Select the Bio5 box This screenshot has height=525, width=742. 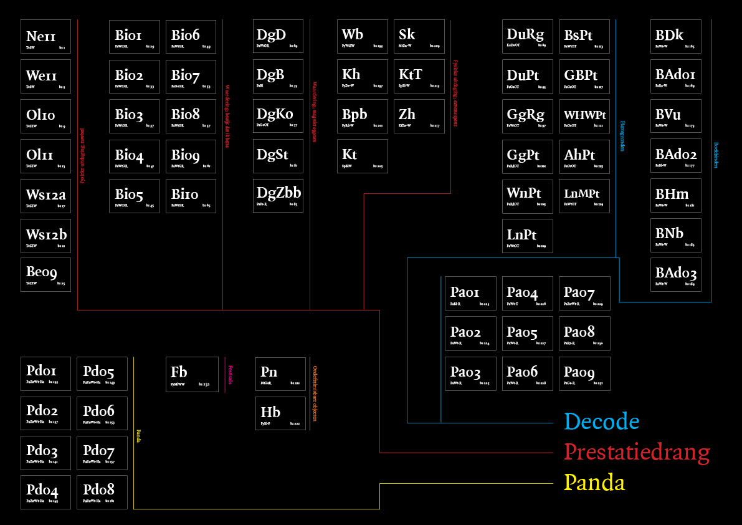pyautogui.click(x=134, y=196)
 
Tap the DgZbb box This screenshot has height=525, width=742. pyautogui.click(x=278, y=196)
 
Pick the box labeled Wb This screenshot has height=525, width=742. pyautogui.click(x=362, y=36)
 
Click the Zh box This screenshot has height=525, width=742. pyautogui.click(x=419, y=116)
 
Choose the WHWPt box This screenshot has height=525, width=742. pyautogui.click(x=584, y=116)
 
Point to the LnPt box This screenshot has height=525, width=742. pyautogui.click(x=527, y=236)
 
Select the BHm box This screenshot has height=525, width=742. pyautogui.click(x=675, y=195)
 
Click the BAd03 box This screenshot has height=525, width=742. pyautogui.click(x=675, y=274)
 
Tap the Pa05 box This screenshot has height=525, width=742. pyautogui.click(x=527, y=334)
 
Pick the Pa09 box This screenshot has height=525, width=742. pyautogui.click(x=584, y=373)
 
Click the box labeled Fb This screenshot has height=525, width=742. pyautogui.click(x=191, y=373)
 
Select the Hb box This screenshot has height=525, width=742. pyautogui.click(x=280, y=413)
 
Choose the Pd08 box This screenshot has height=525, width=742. pyautogui.click(x=102, y=493)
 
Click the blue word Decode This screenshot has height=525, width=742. pyautogui.click(x=602, y=422)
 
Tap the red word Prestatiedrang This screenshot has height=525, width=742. pyautogui.click(x=637, y=452)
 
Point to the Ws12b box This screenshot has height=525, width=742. pyautogui.click(x=45, y=236)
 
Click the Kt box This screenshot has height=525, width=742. pyautogui.click(x=362, y=156)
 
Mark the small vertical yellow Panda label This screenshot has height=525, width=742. pyautogui.click(x=139, y=435)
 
